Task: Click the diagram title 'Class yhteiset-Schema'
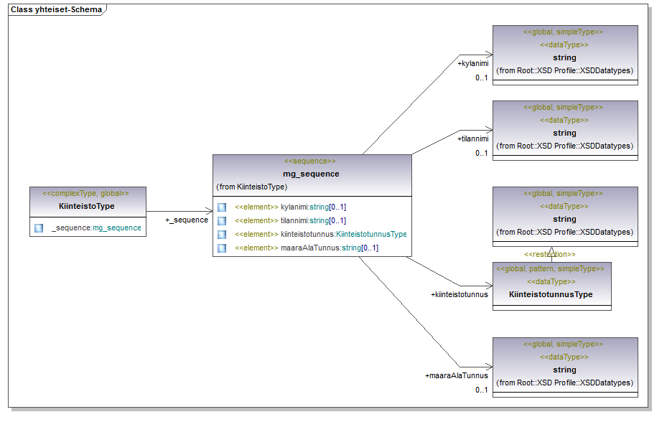point(56,10)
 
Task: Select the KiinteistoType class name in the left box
point(87,206)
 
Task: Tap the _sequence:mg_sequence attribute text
point(96,228)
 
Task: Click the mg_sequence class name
point(311,174)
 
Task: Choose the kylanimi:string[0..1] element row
point(290,207)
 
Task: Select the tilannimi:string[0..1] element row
point(290,220)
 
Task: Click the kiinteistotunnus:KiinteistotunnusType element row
point(320,234)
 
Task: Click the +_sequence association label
point(187,220)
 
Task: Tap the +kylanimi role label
point(472,64)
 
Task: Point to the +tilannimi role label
point(472,139)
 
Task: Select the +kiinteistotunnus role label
point(460,294)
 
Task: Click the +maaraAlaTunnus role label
point(457,375)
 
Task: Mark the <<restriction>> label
point(549,254)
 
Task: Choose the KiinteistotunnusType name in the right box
point(551,294)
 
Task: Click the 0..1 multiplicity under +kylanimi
point(481,78)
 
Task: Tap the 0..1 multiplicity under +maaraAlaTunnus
point(481,390)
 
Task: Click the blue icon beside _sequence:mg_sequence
point(39,228)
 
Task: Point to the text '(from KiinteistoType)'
point(251,187)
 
